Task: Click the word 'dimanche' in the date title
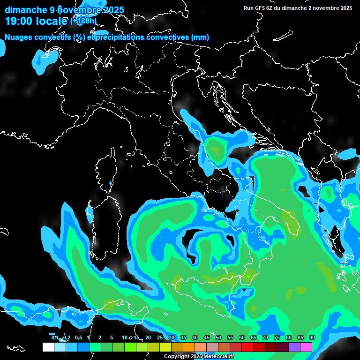tap(25, 10)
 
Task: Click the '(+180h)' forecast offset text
tap(83, 21)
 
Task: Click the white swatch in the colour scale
tap(48, 347)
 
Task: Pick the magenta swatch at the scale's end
tap(306, 347)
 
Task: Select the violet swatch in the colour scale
tap(294, 347)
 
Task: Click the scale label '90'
tap(312, 337)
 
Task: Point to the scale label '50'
tap(218, 337)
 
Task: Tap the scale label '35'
tap(183, 337)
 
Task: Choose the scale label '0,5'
tap(78, 337)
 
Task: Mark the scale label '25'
tap(160, 337)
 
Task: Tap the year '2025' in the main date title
tap(114, 10)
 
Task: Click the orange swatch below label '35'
tap(189, 347)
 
